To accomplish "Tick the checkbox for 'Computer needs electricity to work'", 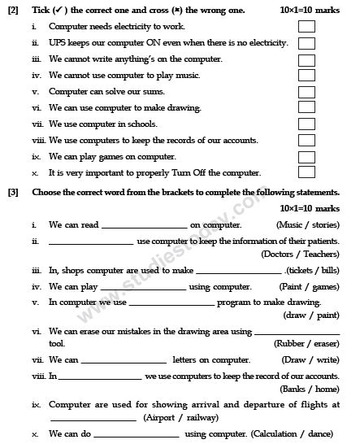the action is pos(306,27).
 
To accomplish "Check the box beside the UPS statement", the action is pos(306,44).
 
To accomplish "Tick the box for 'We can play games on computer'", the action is pos(306,157).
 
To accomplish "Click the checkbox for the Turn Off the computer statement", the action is pos(306,173).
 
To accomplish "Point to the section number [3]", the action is pos(13,193).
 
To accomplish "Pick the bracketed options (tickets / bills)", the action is pos(314,270).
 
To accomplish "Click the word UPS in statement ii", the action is pos(57,43).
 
